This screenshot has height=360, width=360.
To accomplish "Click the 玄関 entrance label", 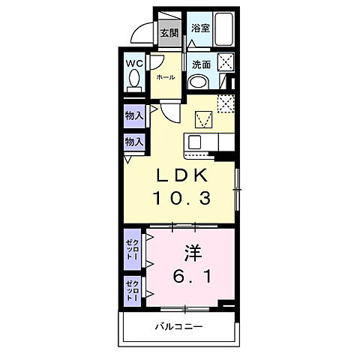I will (x=169, y=33).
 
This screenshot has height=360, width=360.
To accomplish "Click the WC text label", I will (x=135, y=63).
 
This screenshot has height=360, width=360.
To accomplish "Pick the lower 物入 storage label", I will (x=134, y=142).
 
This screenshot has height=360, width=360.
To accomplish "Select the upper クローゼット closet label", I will (x=131, y=250).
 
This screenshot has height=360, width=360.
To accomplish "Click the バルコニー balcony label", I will (x=180, y=327).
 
